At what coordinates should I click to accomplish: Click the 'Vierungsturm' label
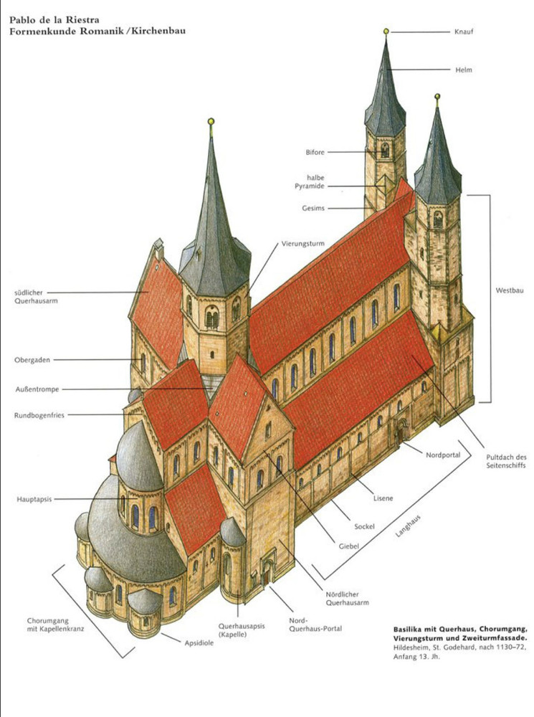[x=303, y=244]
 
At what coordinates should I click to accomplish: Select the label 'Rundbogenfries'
[x=39, y=414]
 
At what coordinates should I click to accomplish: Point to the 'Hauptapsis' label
[x=35, y=498]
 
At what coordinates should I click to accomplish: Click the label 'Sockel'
[x=365, y=526]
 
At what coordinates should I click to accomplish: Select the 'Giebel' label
[x=348, y=546]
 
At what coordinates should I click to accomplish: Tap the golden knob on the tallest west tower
[x=386, y=32]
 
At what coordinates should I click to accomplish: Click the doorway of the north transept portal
[x=267, y=574]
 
